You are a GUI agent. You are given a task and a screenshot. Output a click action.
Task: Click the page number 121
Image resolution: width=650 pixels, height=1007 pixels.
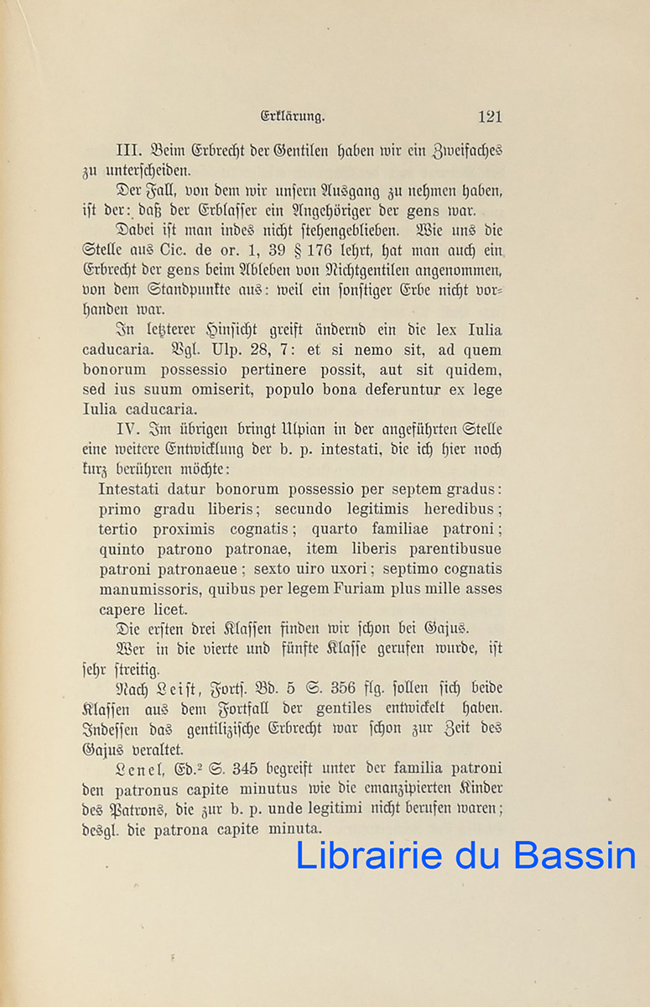coord(489,117)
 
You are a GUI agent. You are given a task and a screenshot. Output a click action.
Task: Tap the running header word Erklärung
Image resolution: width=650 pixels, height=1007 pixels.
coord(293,117)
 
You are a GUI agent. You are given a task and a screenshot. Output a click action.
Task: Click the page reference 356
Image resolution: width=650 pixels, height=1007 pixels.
coord(341,688)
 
